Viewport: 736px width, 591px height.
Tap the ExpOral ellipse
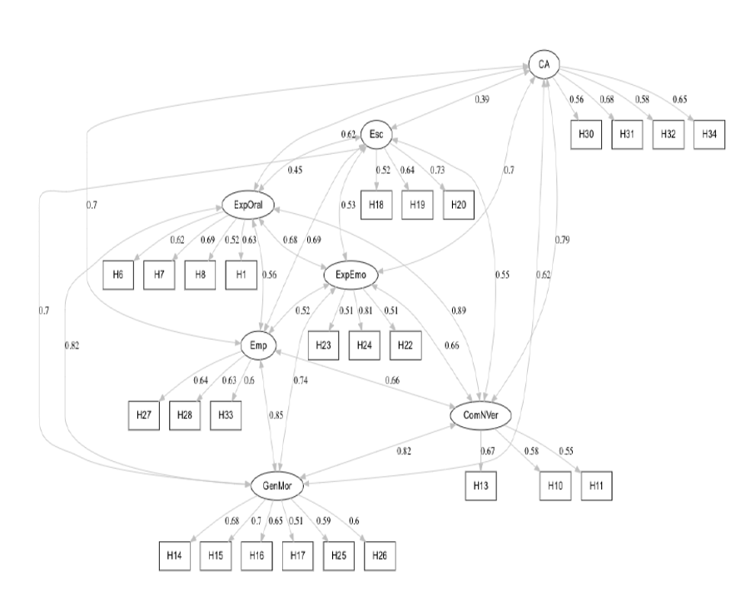tap(249, 204)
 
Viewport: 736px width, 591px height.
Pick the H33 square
tap(226, 415)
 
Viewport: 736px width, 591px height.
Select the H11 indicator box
tap(596, 484)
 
